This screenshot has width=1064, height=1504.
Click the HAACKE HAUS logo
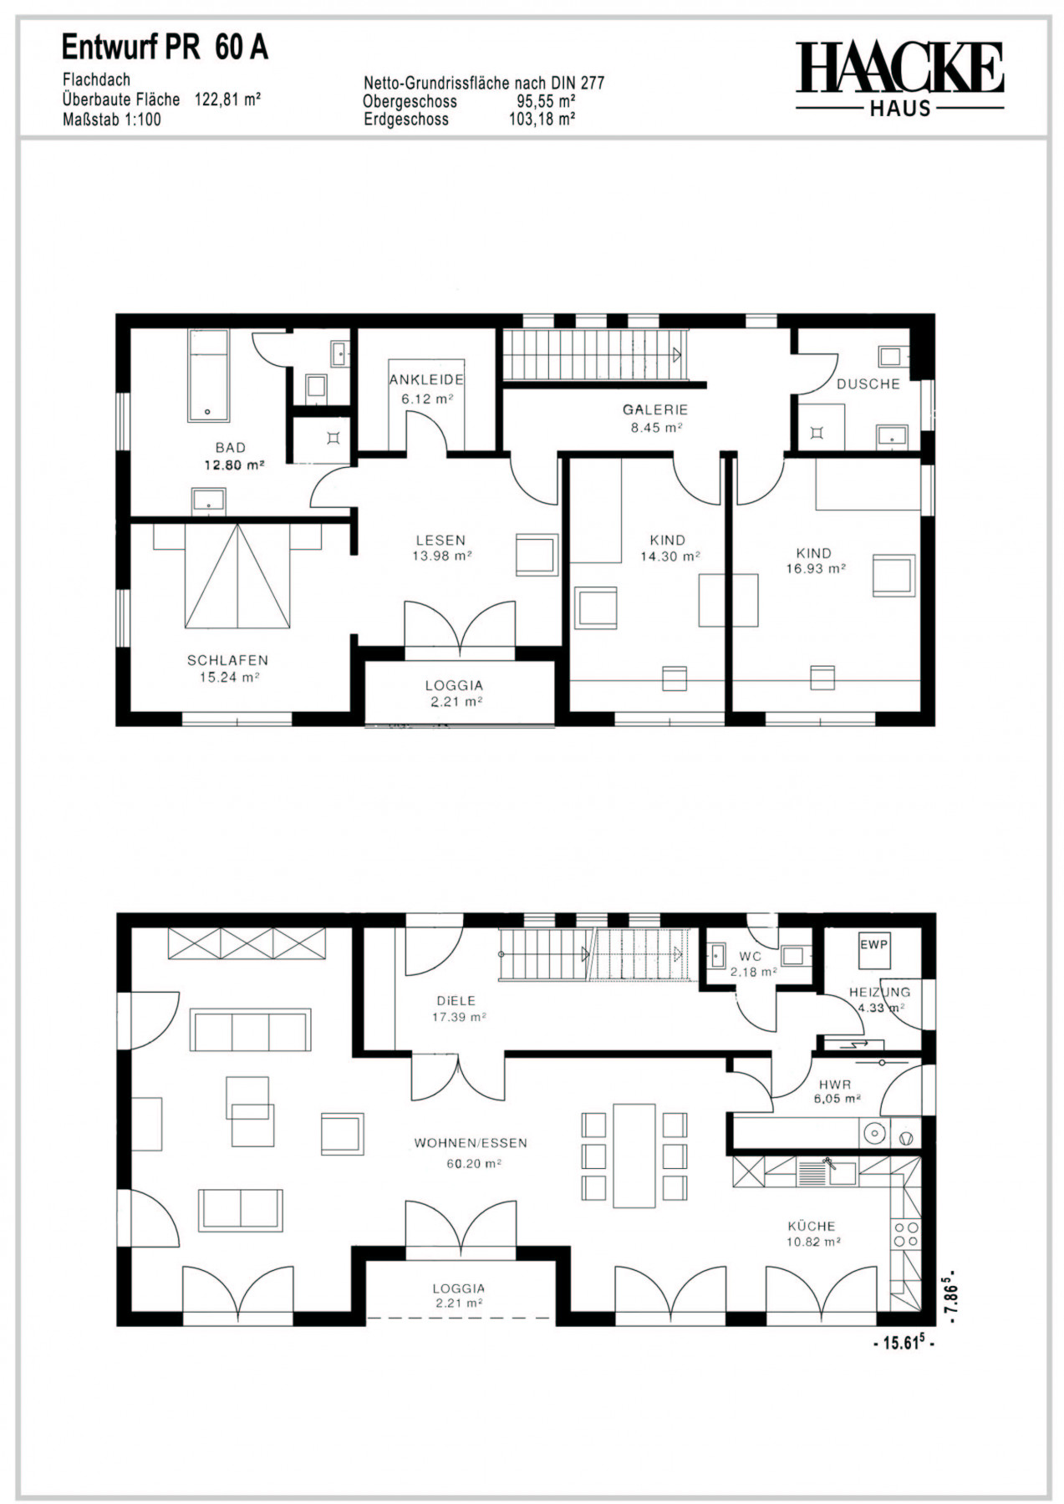pyautogui.click(x=899, y=79)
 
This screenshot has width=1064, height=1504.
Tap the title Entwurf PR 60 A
pyautogui.click(x=165, y=48)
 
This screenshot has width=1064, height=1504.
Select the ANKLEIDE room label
pyautogui.click(x=426, y=379)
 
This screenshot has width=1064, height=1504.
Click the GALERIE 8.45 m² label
pyautogui.click(x=655, y=419)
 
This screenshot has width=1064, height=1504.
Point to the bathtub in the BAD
pyautogui.click(x=208, y=376)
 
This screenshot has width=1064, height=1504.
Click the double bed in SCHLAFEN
pyautogui.click(x=237, y=576)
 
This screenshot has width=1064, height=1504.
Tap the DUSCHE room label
pyautogui.click(x=868, y=384)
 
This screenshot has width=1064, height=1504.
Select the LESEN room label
pyautogui.click(x=440, y=541)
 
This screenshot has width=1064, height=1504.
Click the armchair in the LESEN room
pyautogui.click(x=537, y=555)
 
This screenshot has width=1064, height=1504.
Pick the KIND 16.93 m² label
pyautogui.click(x=815, y=561)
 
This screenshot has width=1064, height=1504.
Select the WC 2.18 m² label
pyautogui.click(x=753, y=964)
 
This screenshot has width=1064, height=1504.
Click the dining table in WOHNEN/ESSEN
pyautogui.click(x=634, y=1156)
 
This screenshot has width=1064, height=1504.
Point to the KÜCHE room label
pyautogui.click(x=811, y=1226)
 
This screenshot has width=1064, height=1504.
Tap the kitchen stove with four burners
pyautogui.click(x=906, y=1235)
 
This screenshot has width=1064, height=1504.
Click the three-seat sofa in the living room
pyautogui.click(x=251, y=1030)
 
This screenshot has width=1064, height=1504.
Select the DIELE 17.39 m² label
pyautogui.click(x=458, y=1009)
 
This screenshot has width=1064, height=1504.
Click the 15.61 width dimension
pyautogui.click(x=904, y=1344)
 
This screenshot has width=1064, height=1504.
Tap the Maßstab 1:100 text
pyautogui.click(x=112, y=119)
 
